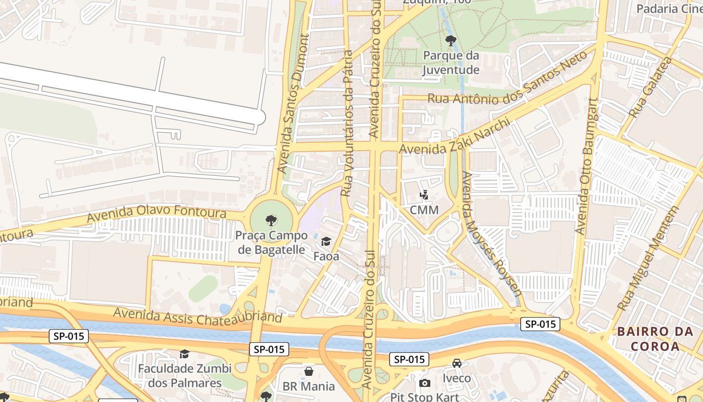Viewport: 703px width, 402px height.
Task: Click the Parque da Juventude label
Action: point(450,62)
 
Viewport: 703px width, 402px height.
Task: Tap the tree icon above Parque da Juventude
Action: point(450,40)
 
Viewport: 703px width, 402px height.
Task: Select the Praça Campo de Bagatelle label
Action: point(271,242)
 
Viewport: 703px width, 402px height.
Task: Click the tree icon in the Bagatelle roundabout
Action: point(271,220)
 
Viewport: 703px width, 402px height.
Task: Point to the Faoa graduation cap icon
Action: point(326,242)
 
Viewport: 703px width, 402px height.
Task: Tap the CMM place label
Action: point(424,210)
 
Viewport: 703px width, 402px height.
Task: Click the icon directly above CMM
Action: point(424,195)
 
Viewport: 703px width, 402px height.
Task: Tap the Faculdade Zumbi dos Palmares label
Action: point(185,375)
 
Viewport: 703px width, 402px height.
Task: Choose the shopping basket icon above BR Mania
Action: point(309,371)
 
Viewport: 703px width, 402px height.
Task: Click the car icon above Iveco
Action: point(456,363)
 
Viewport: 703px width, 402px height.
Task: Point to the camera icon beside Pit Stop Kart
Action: point(424,383)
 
